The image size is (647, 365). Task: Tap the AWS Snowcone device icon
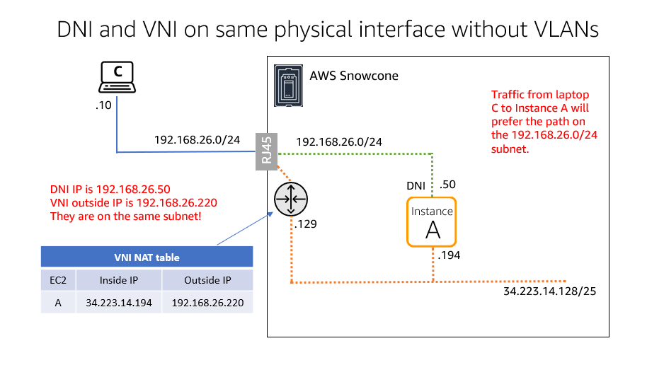point(287,86)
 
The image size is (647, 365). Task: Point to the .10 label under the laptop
point(104,105)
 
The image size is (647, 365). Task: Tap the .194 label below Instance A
point(449,256)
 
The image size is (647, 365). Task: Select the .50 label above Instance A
point(448,185)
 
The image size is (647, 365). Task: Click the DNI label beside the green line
point(416,185)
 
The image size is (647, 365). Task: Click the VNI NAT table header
point(147,257)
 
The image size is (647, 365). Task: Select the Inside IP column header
point(118,280)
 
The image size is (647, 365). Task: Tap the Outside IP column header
point(207,280)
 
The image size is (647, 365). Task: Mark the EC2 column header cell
point(58,280)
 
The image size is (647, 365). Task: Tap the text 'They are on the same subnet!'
point(125,216)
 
